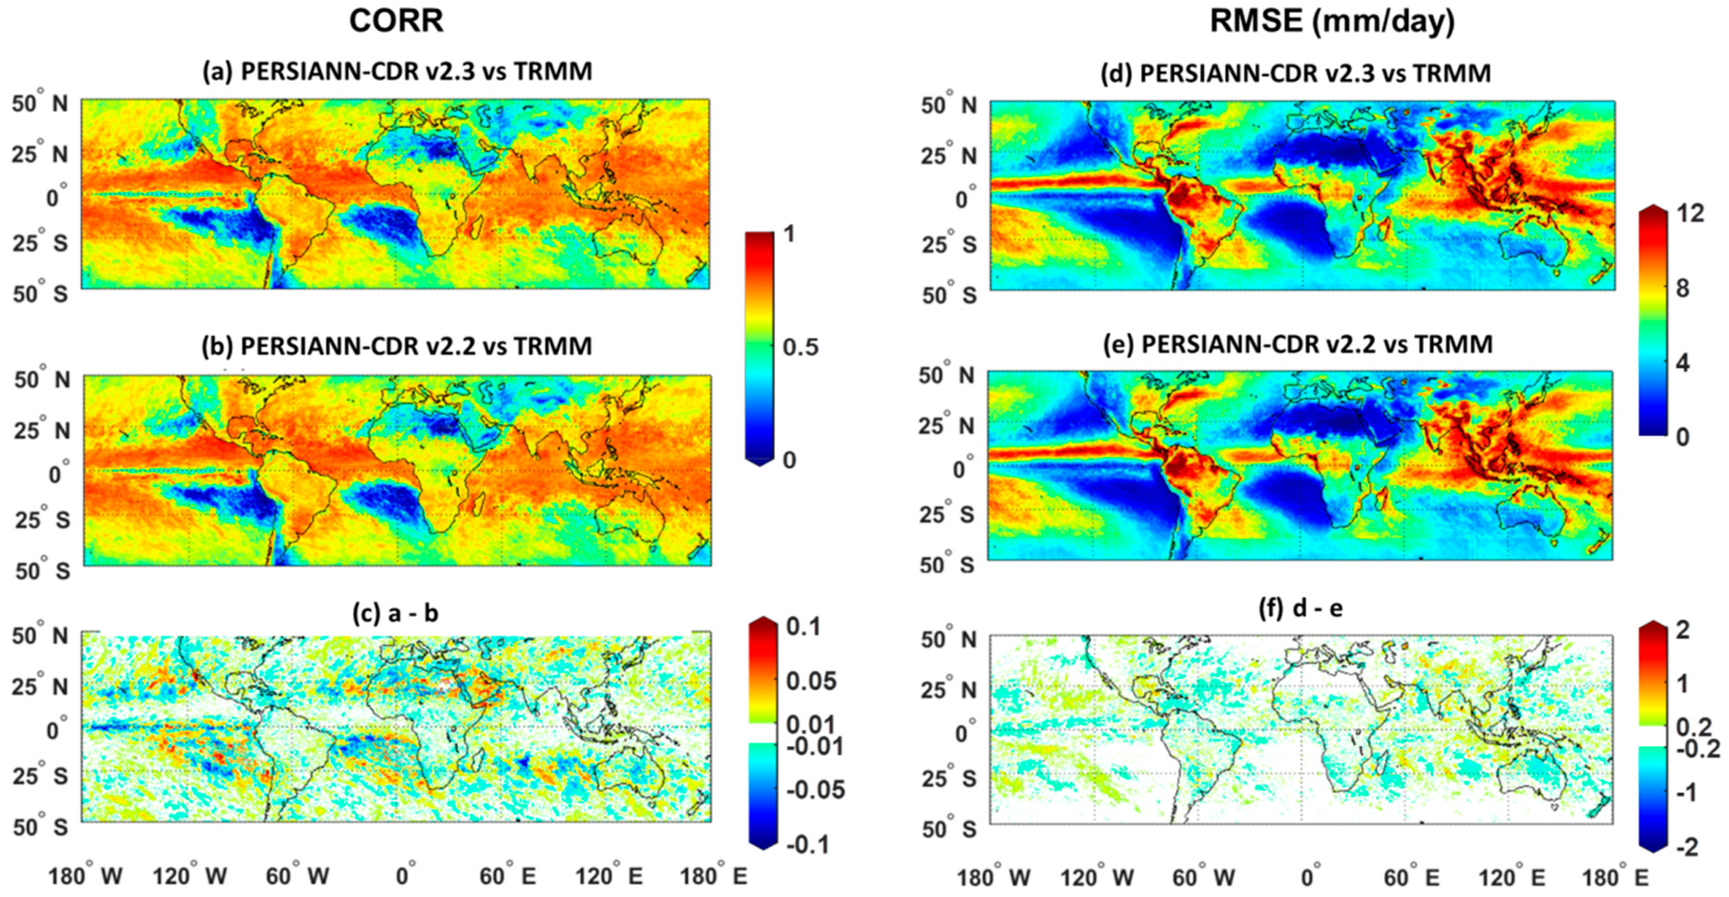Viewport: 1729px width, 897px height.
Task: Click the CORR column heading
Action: click(x=396, y=22)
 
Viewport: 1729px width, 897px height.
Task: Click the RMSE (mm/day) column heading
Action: click(x=1332, y=22)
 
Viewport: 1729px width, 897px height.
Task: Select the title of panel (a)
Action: click(x=397, y=71)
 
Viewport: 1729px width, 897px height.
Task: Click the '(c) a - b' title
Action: click(x=395, y=613)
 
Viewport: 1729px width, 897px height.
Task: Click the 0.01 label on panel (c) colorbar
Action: click(x=811, y=724)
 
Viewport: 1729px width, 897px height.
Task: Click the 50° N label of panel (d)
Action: click(x=948, y=105)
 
